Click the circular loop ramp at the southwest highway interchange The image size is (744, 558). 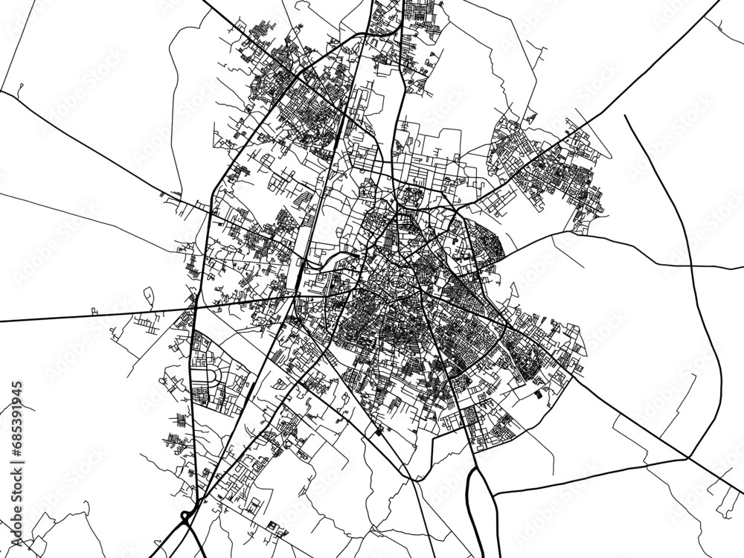(x=184, y=515)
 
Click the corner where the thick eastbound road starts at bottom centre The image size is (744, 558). (x=496, y=497)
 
